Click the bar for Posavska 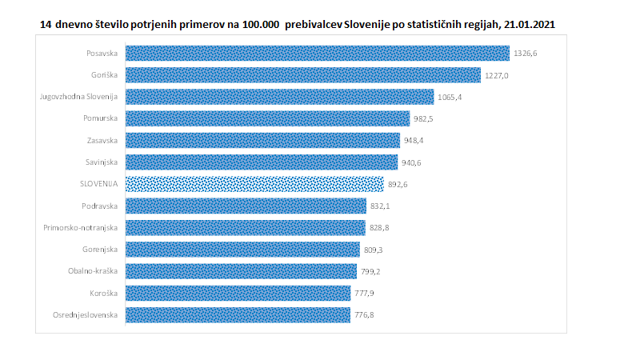318,54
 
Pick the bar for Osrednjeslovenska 238,314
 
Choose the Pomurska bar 268,118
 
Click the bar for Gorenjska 242,249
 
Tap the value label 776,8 364,314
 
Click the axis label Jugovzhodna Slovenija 79,97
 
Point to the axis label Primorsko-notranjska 81,227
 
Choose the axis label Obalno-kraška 94,271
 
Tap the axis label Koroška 104,293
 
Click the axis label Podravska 100,206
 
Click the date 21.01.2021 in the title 526,26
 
